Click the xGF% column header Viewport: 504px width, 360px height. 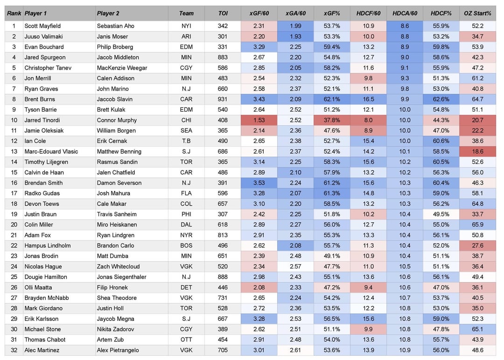coord(332,14)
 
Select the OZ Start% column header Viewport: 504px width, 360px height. coord(477,14)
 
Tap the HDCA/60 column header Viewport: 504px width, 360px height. coord(405,14)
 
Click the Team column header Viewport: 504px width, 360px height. coord(186,14)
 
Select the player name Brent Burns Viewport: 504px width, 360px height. coord(40,99)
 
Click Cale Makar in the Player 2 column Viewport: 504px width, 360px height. coord(112,204)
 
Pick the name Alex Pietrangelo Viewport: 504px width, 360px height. coord(118,350)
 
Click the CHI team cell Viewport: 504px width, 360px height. coord(186,120)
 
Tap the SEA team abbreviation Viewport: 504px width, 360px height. coord(186,131)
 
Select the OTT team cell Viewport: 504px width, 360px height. coord(186,339)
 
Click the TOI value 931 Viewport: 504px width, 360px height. coord(223,99)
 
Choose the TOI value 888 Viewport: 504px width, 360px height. coord(223,277)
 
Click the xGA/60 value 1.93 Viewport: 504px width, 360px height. coord(295,36)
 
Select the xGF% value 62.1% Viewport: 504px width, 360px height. coord(332,99)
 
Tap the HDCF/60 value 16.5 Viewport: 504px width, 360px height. coord(368,99)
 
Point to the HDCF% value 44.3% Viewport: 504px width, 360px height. coord(441,120)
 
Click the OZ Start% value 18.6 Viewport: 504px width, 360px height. coord(477,151)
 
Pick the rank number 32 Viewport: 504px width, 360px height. coord(14,350)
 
